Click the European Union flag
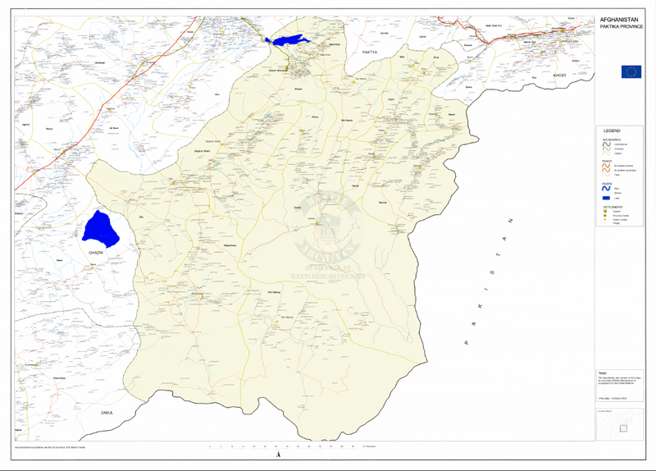[x=631, y=71]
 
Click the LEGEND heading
[x=612, y=130]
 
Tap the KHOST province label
[x=560, y=75]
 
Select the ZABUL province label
[x=105, y=411]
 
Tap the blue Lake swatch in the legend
[x=608, y=199]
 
